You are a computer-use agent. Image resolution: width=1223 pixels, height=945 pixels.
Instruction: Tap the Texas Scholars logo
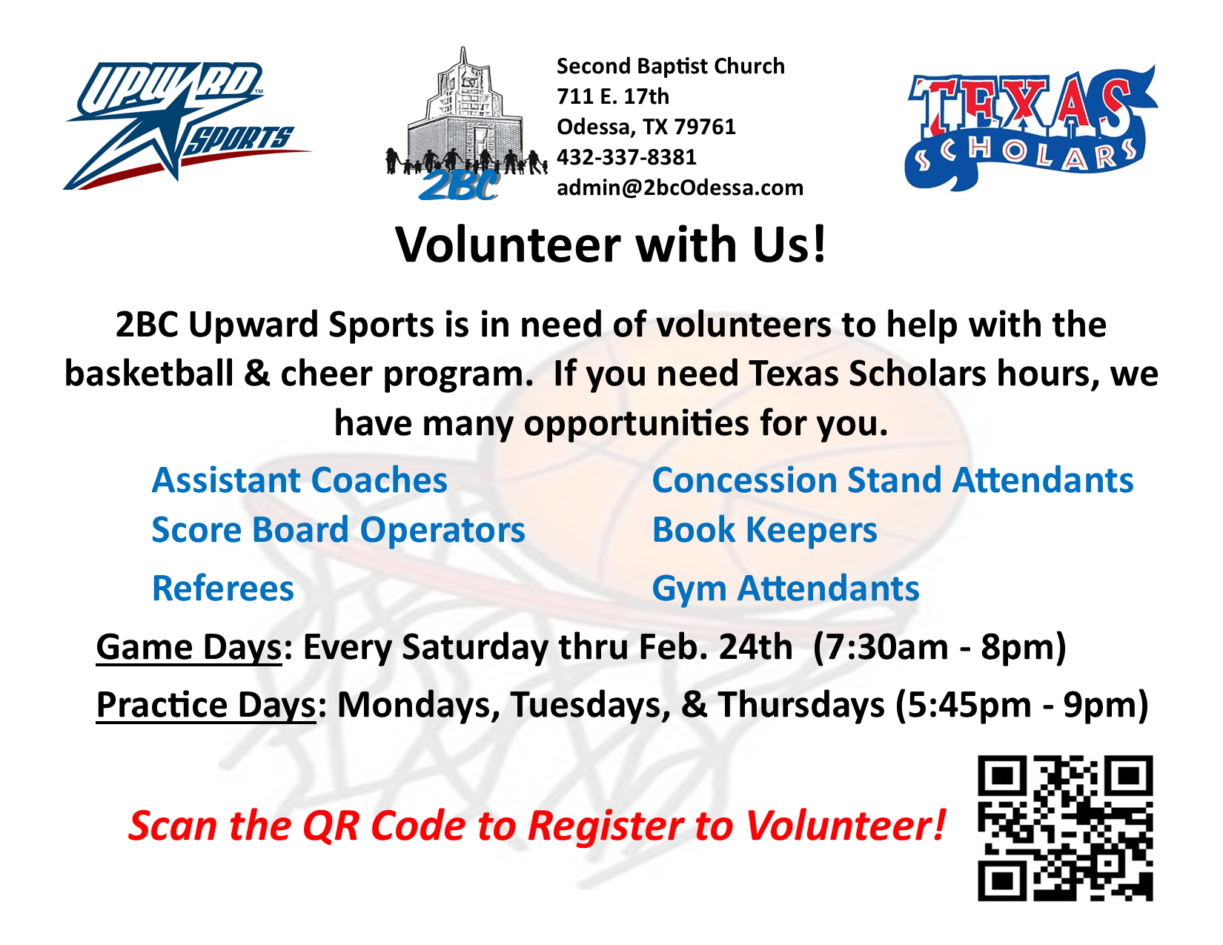pyautogui.click(x=1030, y=128)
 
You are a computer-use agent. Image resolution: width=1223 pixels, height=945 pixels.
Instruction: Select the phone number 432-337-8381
pyautogui.click(x=626, y=157)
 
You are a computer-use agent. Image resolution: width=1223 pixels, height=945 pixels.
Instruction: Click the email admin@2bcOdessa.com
pyautogui.click(x=680, y=188)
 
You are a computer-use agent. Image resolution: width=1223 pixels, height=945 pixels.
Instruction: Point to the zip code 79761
pyautogui.click(x=705, y=127)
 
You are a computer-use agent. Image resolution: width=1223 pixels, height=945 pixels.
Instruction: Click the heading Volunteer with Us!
pyautogui.click(x=611, y=245)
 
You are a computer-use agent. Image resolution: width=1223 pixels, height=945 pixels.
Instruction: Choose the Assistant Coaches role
pyautogui.click(x=300, y=480)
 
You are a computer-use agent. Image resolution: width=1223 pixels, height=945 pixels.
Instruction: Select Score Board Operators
pyautogui.click(x=338, y=530)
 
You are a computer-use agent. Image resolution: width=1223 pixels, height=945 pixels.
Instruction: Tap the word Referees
pyautogui.click(x=223, y=588)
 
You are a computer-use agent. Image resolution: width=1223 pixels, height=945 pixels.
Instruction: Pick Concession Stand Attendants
pyautogui.click(x=892, y=480)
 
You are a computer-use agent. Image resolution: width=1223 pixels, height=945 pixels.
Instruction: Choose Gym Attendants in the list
pyautogui.click(x=786, y=588)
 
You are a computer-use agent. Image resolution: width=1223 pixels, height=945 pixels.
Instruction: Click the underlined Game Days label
pyautogui.click(x=188, y=647)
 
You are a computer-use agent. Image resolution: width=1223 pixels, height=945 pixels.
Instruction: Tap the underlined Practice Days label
pyautogui.click(x=206, y=706)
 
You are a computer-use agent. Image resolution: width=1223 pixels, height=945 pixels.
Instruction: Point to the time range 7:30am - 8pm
pyautogui.click(x=939, y=647)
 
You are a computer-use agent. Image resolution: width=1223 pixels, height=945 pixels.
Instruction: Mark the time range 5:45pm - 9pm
pyautogui.click(x=1021, y=706)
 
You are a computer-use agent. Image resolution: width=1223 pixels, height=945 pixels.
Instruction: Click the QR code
pyautogui.click(x=1065, y=828)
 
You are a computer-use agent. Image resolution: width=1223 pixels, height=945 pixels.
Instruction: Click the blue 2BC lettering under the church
pyautogui.click(x=459, y=185)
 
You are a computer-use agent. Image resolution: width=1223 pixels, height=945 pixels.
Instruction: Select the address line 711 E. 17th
pyautogui.click(x=613, y=96)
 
